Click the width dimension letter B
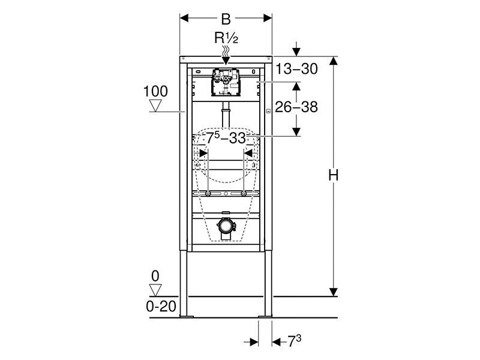point(226,19)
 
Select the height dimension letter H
point(334,176)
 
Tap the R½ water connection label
point(226,38)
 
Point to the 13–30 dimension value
point(296,69)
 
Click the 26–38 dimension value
point(296,107)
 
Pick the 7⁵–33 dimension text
point(226,138)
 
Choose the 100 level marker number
point(155,92)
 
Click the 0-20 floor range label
point(161,306)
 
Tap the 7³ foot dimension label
point(295,341)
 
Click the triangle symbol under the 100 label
point(155,106)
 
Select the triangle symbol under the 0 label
point(155,290)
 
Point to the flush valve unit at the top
point(226,83)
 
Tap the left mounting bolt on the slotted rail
point(208,194)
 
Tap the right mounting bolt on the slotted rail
point(244,194)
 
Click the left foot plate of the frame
point(186,316)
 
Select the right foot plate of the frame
point(265,316)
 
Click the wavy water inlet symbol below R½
point(226,51)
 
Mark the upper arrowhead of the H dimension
point(334,61)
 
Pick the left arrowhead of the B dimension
point(184,18)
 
